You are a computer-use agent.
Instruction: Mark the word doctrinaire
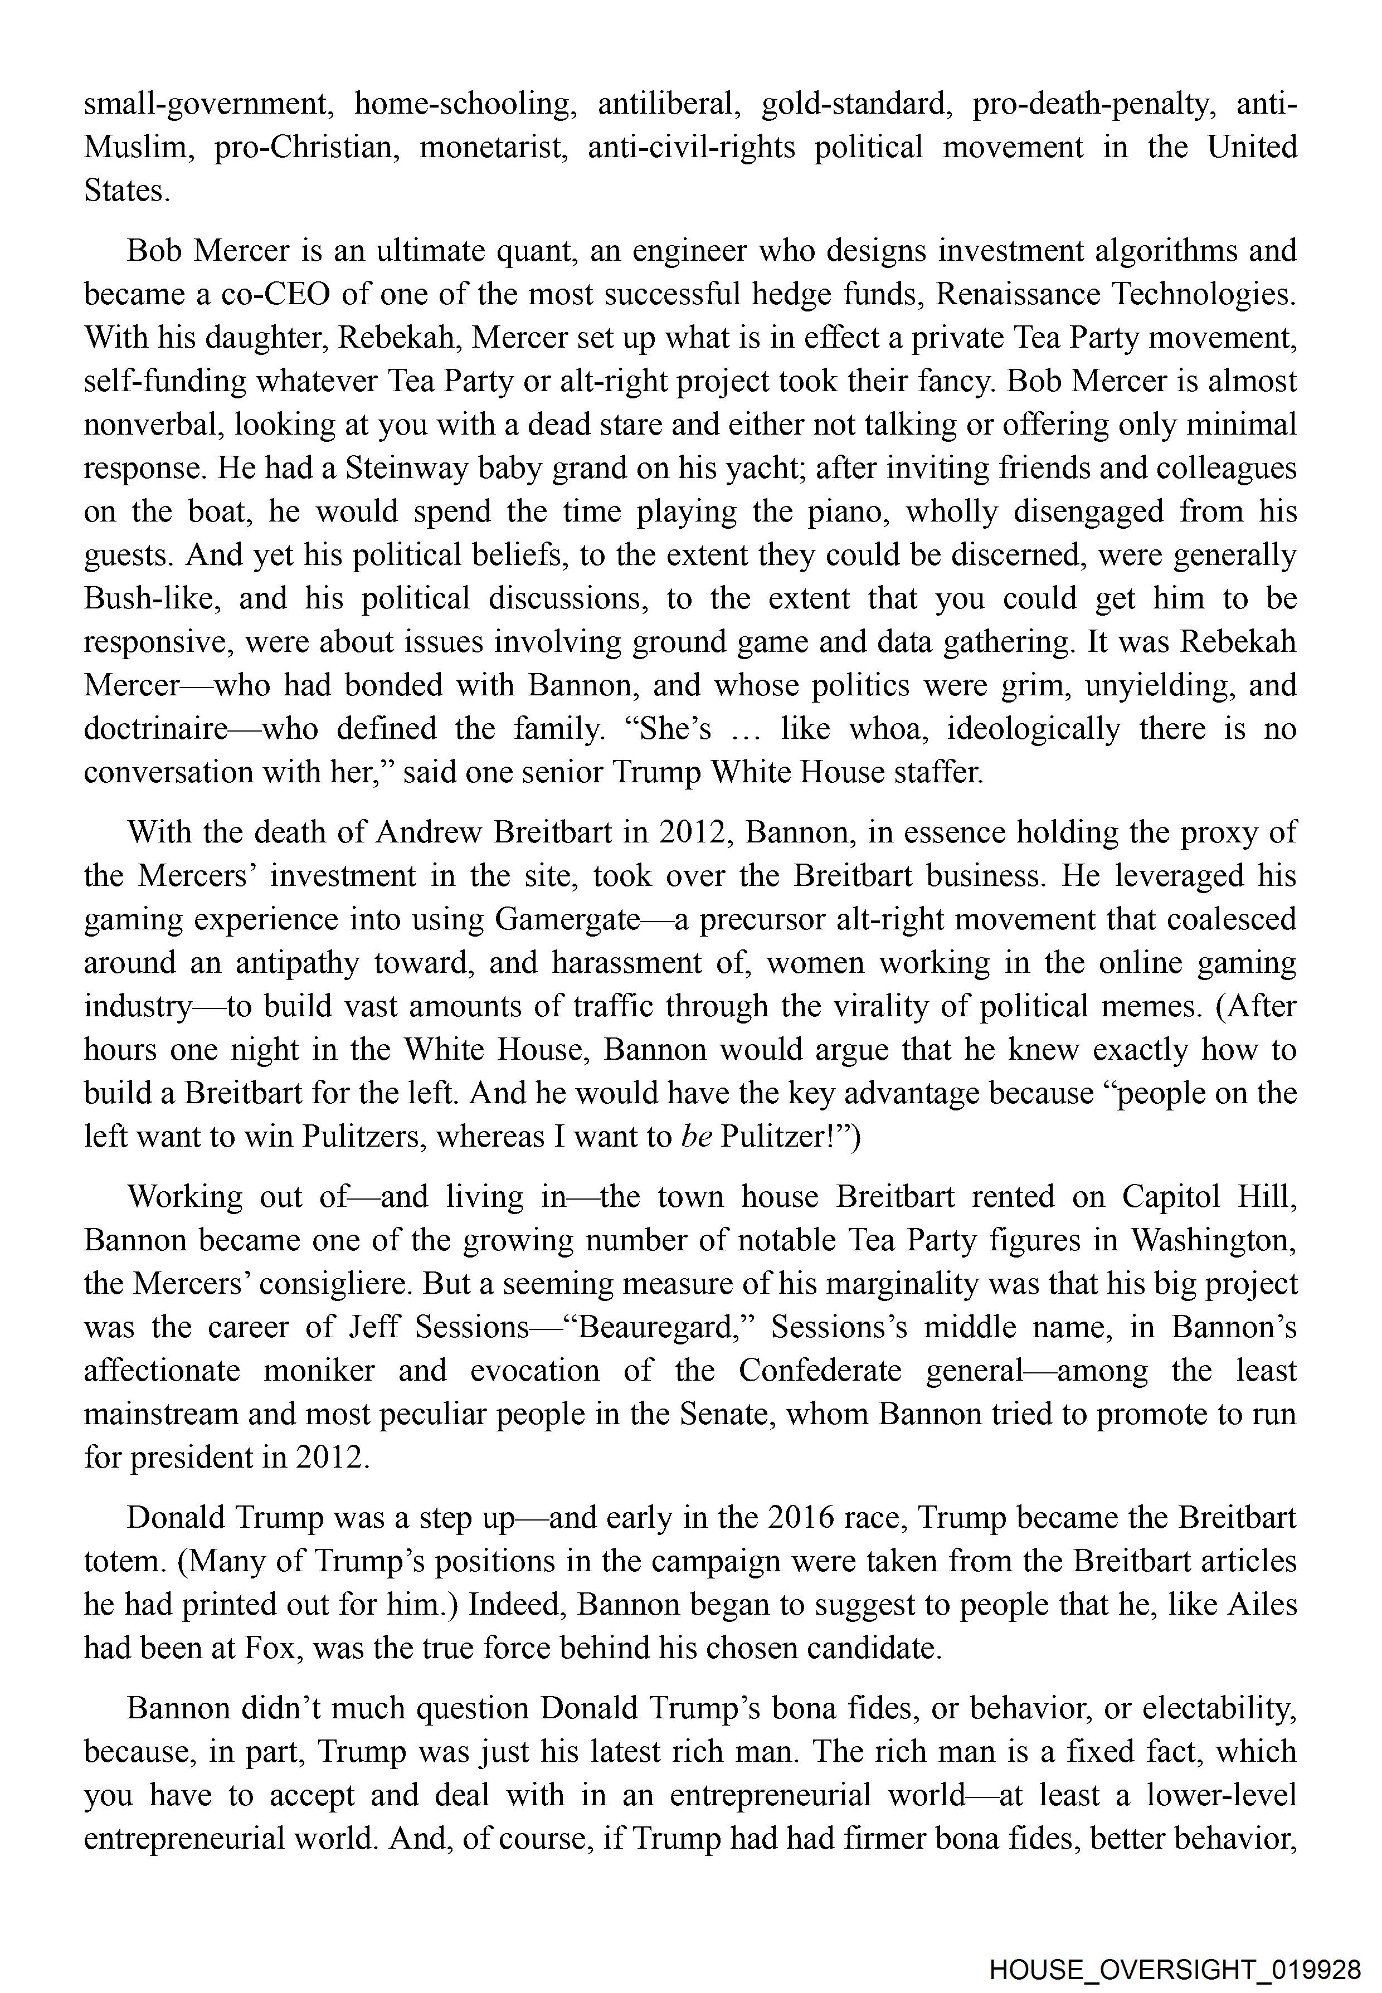155,729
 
